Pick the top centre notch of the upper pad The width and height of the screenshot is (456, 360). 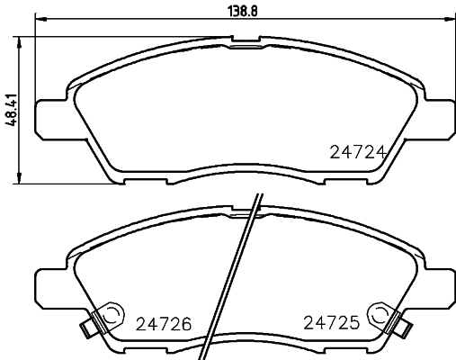(242, 40)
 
